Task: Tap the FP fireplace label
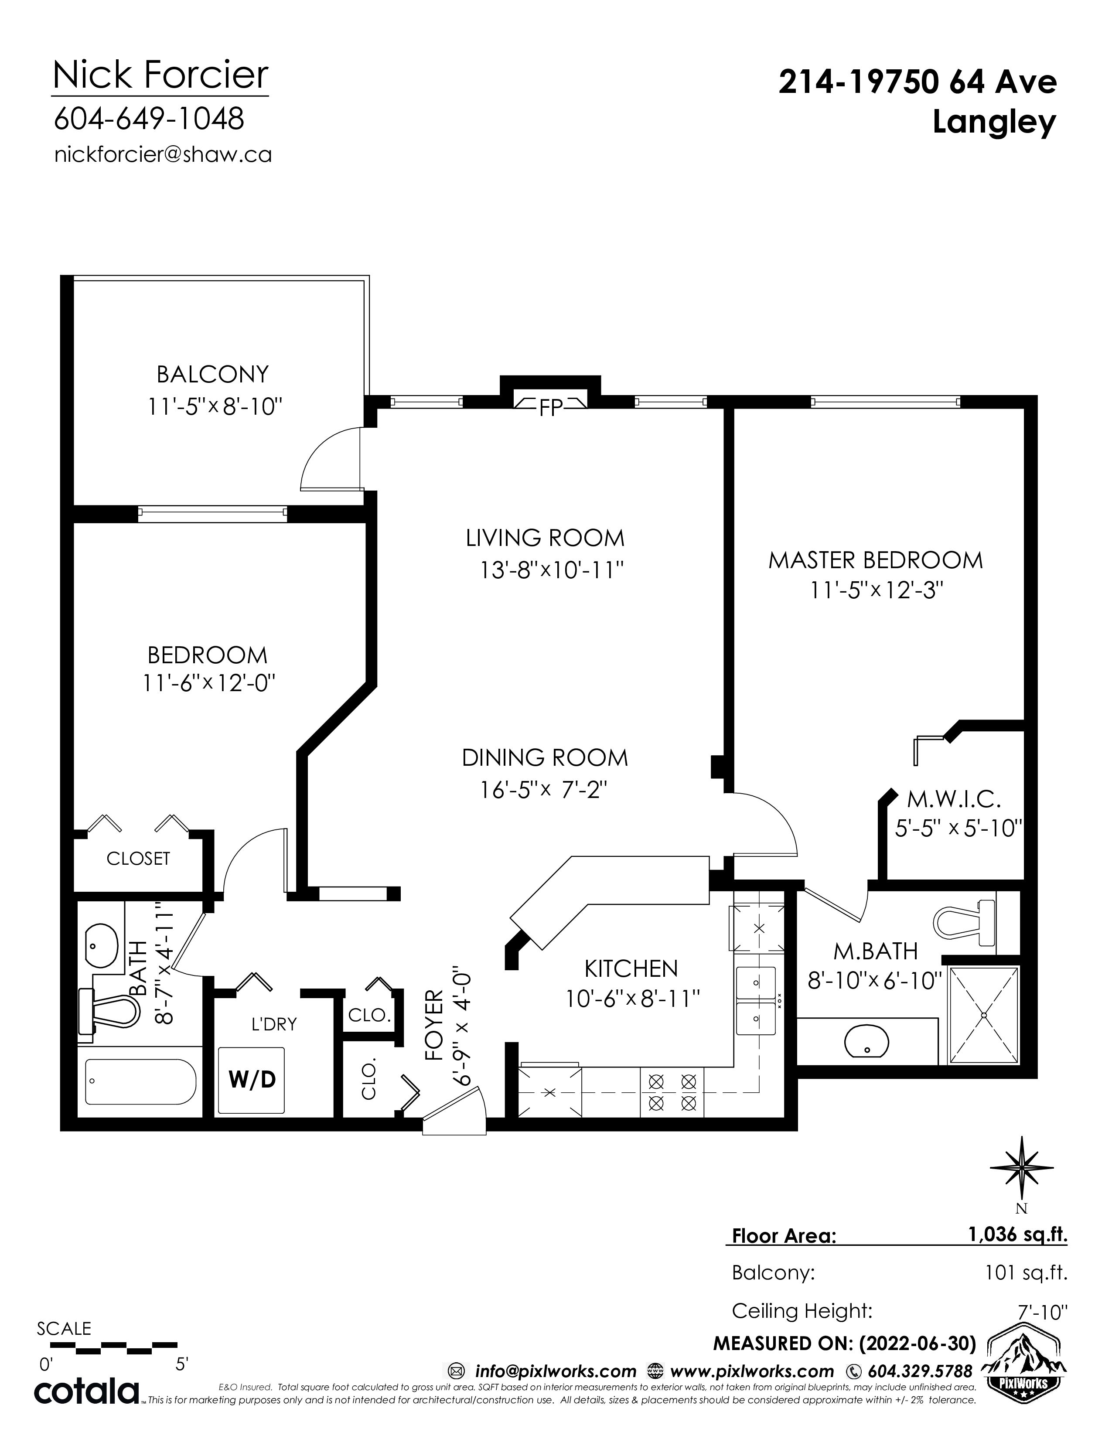pos(551,409)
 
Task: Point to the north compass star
pos(1021,1169)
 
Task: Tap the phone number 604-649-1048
pos(149,119)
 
